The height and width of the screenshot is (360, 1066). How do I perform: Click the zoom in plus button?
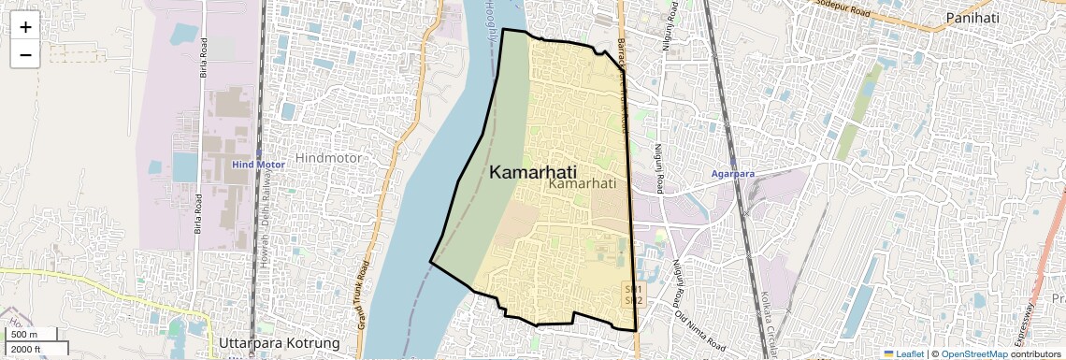25,27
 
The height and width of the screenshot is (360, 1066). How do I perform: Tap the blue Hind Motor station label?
257,165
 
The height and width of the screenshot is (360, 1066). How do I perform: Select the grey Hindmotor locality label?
327,158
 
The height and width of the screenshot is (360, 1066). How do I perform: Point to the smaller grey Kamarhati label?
583,185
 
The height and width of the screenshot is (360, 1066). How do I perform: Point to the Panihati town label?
975,18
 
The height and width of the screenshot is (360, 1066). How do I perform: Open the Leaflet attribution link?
903,353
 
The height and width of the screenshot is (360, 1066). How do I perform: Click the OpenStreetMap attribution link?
973,353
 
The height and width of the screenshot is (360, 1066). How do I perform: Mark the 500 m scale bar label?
25,335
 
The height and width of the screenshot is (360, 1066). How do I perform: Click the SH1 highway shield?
633,290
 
